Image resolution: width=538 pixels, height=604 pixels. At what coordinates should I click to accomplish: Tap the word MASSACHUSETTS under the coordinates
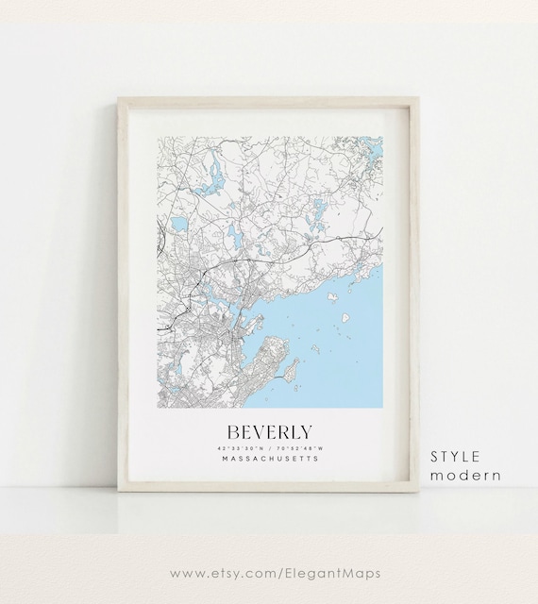[269, 459]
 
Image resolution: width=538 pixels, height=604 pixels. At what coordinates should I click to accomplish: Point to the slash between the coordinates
[269, 447]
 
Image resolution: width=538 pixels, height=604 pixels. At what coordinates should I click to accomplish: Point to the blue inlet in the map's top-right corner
[371, 145]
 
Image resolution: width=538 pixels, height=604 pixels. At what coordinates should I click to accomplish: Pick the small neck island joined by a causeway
[294, 370]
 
